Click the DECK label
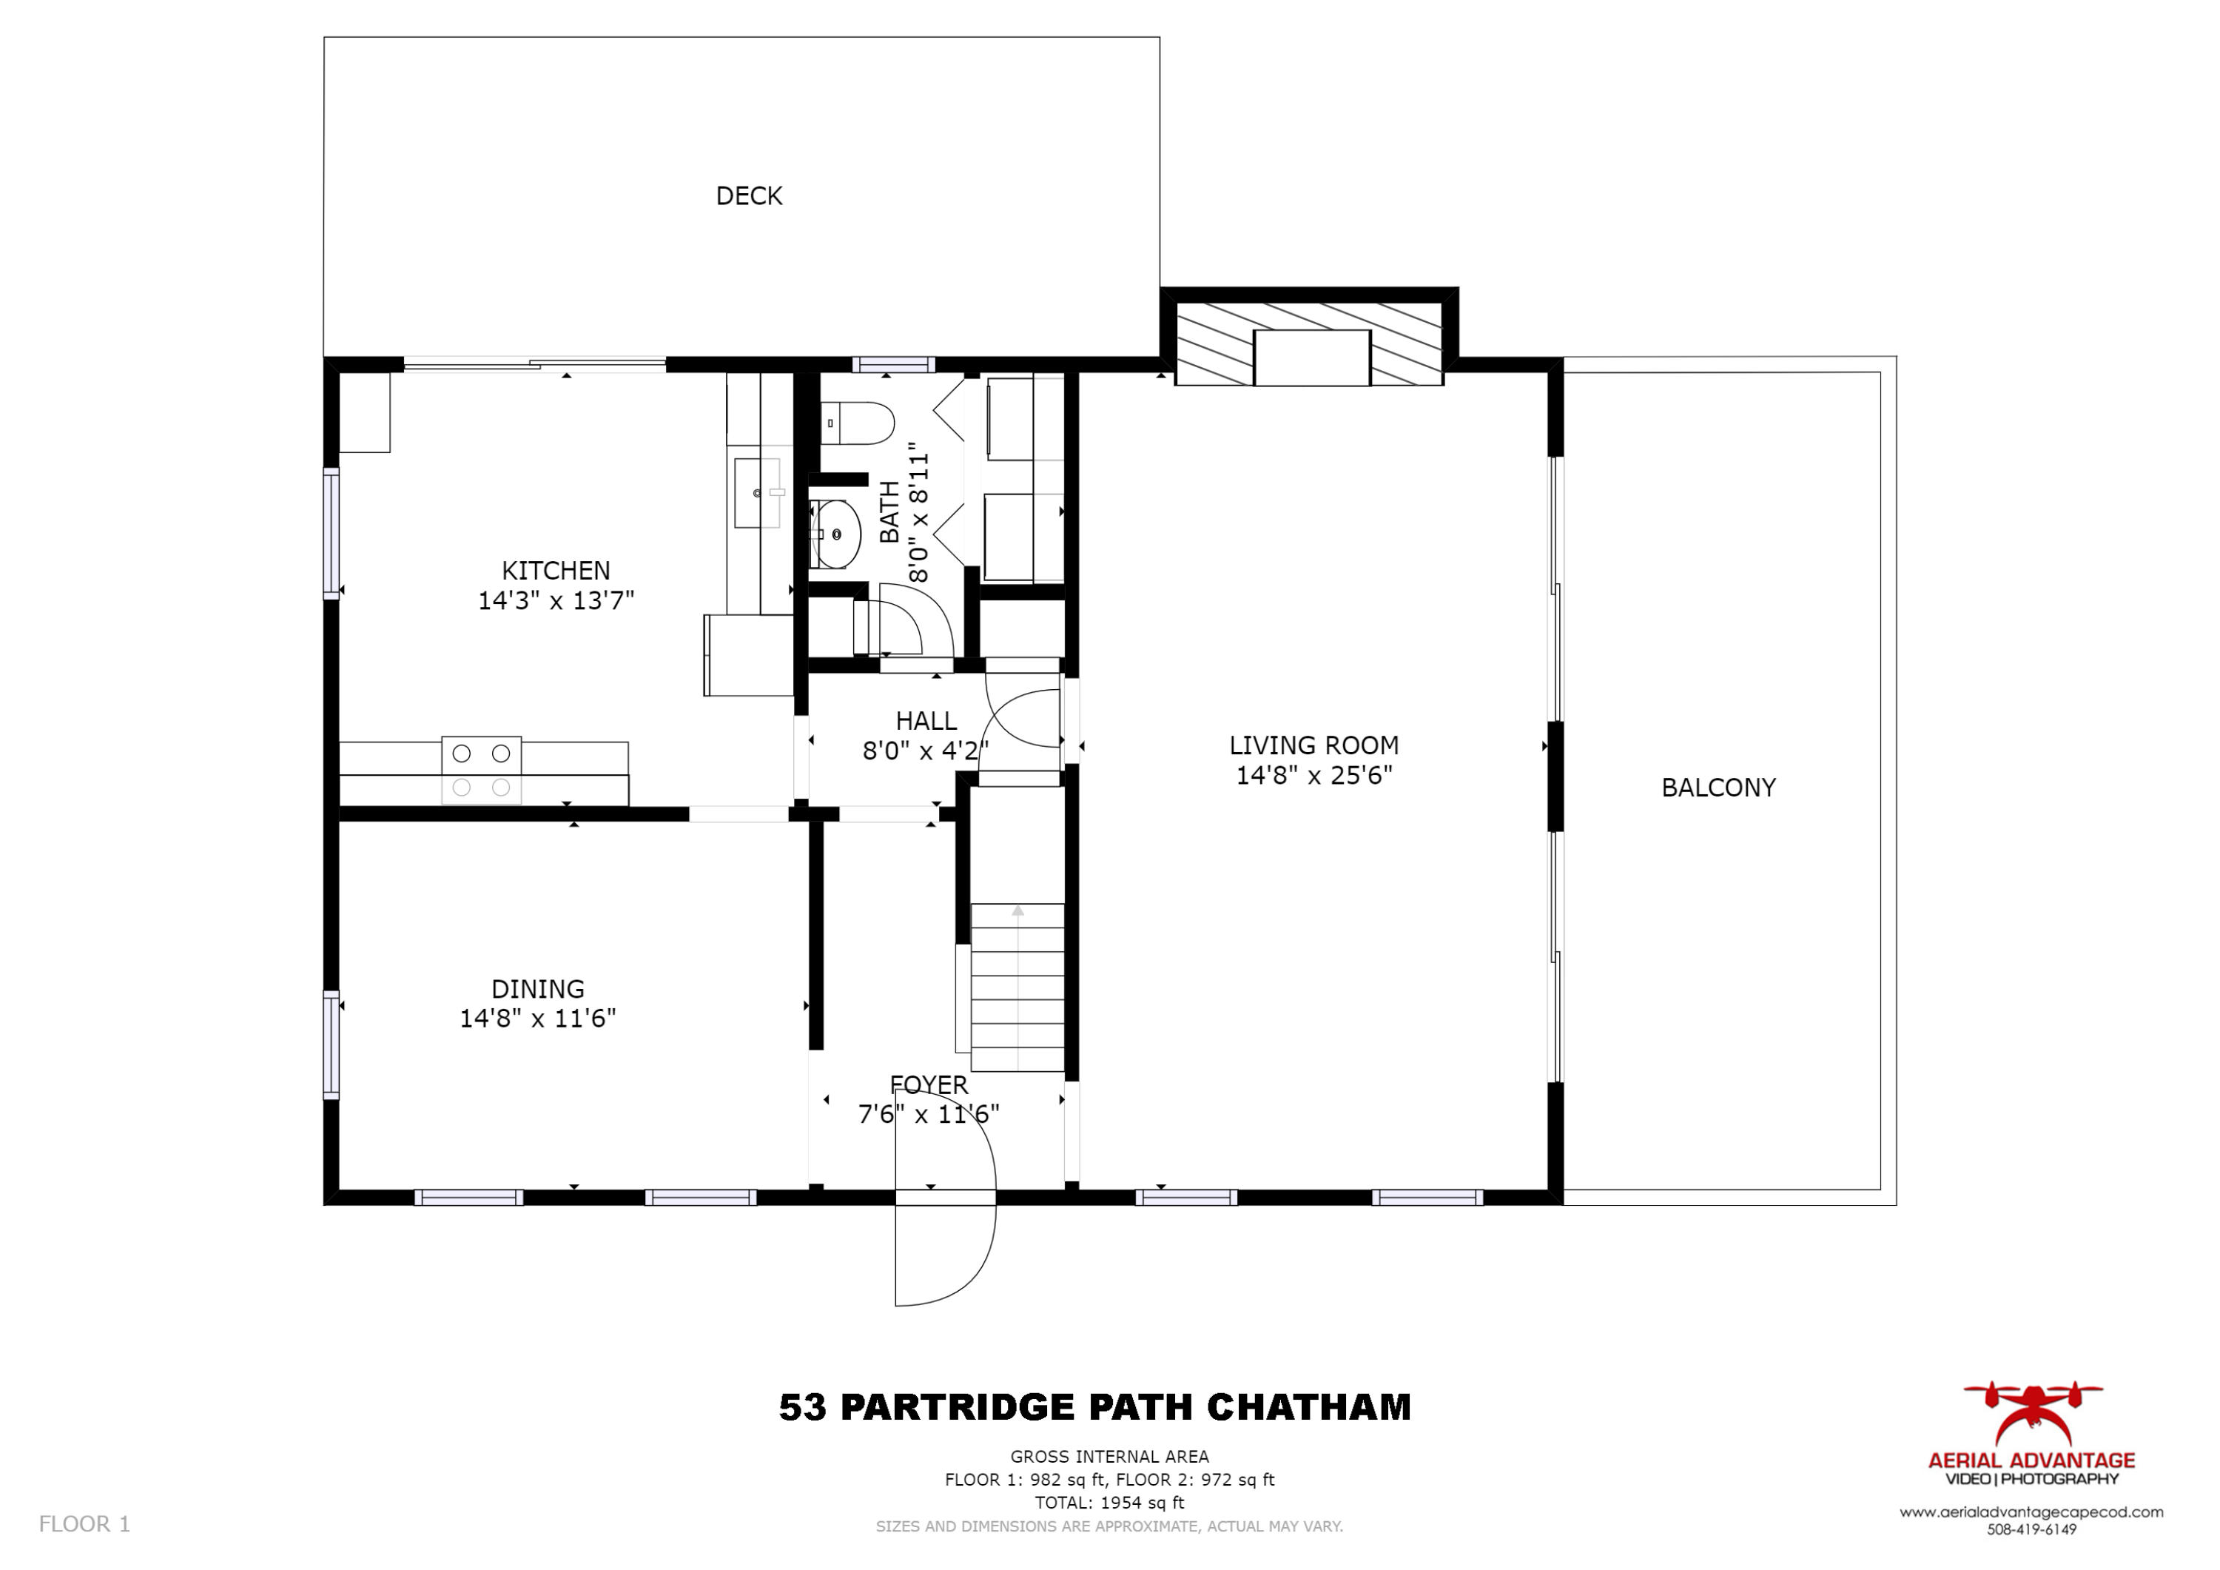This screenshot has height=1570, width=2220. (748, 196)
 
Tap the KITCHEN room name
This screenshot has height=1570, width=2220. (555, 571)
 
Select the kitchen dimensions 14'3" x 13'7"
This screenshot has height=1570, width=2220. (556, 601)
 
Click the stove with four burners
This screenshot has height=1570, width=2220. (482, 770)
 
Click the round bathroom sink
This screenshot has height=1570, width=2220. (835, 534)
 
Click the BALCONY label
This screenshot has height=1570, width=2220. (1718, 788)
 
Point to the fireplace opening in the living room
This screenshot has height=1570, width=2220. (1311, 358)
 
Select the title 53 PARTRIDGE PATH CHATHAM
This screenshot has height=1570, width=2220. (1094, 1407)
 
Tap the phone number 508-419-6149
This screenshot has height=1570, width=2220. (2031, 1529)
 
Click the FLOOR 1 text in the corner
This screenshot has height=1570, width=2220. (84, 1525)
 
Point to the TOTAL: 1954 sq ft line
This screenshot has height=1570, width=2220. (1109, 1503)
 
